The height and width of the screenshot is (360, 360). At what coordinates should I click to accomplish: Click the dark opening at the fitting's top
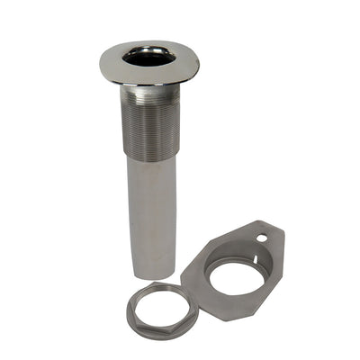148,57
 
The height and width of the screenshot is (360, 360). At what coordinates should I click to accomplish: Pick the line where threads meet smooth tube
149,161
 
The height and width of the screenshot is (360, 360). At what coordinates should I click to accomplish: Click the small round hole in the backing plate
261,238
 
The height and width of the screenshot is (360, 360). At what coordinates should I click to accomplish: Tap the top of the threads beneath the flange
149,90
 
